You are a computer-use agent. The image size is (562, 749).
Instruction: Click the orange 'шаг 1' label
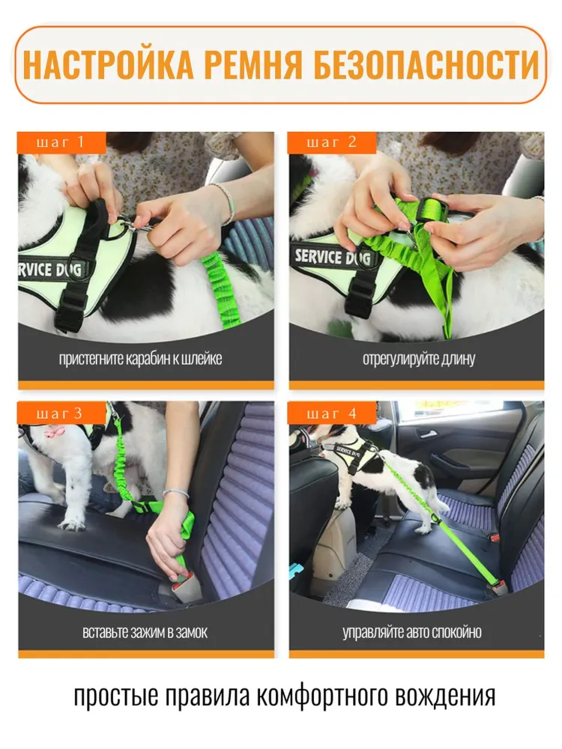coord(61,142)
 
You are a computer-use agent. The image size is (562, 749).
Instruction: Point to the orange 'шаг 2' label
coord(332,142)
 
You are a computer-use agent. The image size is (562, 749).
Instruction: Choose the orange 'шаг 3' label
coord(61,413)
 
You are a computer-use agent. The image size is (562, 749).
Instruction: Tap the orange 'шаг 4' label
coord(332,413)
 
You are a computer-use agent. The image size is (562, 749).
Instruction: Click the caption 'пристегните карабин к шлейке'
coord(141,359)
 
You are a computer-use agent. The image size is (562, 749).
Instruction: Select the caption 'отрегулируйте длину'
coord(419,359)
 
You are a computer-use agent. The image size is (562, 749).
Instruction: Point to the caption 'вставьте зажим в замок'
coord(145,632)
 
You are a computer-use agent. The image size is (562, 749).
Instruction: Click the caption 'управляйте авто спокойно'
coord(412,632)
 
